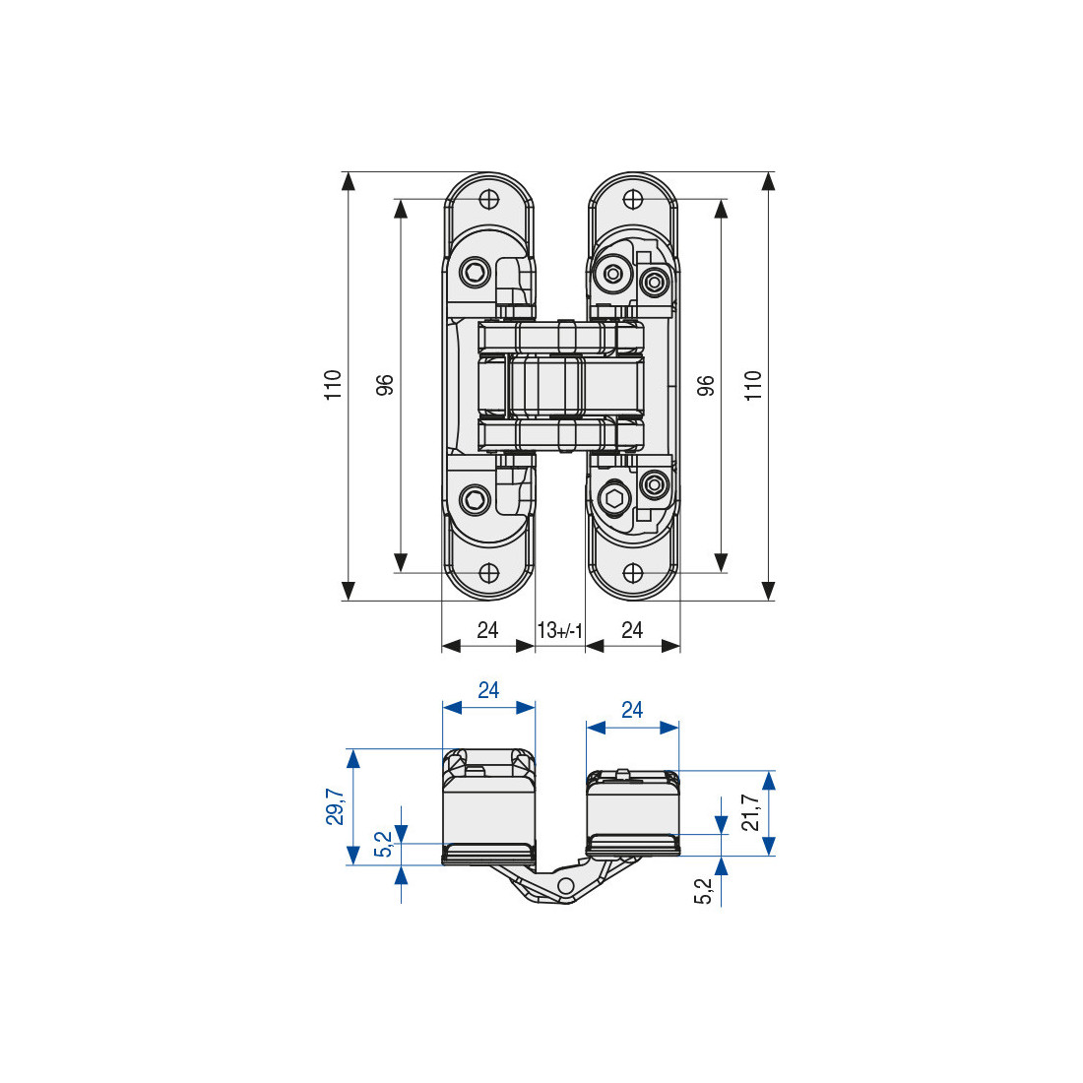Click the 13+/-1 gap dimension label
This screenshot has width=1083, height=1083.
point(560,630)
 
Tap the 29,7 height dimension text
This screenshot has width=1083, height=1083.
point(335,806)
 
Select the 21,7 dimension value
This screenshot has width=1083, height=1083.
point(750,812)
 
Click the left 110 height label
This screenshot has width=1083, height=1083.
point(333,385)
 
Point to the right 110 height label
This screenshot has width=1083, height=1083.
point(753,385)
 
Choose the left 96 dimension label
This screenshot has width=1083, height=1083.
point(384,385)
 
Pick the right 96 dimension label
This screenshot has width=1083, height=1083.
point(705,385)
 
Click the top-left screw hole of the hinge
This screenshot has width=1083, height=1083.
point(489,200)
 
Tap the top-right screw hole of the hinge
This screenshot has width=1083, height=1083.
point(633,200)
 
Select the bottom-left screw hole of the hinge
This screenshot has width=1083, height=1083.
point(489,573)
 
